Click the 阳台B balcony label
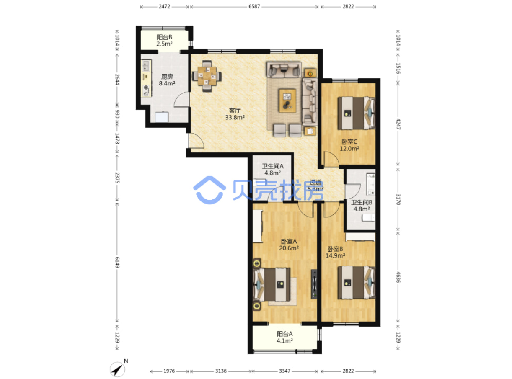pyautogui.click(x=164, y=37)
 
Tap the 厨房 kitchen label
pyautogui.click(x=167, y=77)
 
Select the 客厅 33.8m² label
pyautogui.click(x=235, y=114)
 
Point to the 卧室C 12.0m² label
pyautogui.click(x=349, y=145)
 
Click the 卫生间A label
pyautogui.click(x=273, y=166)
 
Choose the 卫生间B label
pyautogui.click(x=362, y=202)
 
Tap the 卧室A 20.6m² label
pyautogui.click(x=289, y=245)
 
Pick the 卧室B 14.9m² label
pyautogui.click(x=335, y=252)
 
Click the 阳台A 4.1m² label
pyautogui.click(x=284, y=337)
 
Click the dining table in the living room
pyautogui.click(x=207, y=76)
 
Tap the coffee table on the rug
pyautogui.click(x=287, y=101)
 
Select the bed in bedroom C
pyautogui.click(x=356, y=113)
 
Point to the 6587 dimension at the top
pyautogui.click(x=254, y=6)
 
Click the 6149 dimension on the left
pyautogui.click(x=117, y=263)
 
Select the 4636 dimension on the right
pyautogui.click(x=398, y=277)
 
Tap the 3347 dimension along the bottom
pyautogui.click(x=284, y=371)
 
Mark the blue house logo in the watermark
pyautogui.click(x=209, y=190)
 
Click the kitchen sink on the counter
pyautogui.click(x=146, y=66)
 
